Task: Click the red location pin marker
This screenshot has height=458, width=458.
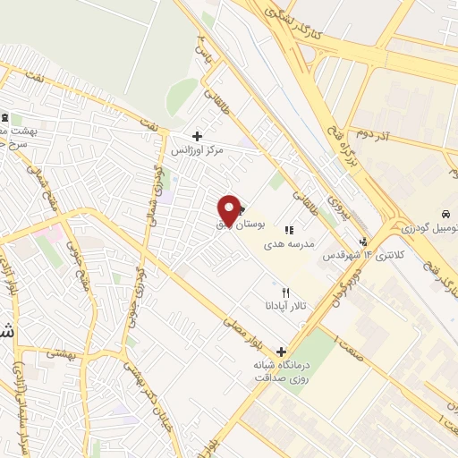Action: coord(229,209)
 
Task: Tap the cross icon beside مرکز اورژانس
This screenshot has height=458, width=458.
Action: coord(197,136)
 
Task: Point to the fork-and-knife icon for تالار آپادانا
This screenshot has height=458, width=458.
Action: coord(286,292)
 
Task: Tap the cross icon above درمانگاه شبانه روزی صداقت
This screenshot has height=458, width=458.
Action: coord(282,352)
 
